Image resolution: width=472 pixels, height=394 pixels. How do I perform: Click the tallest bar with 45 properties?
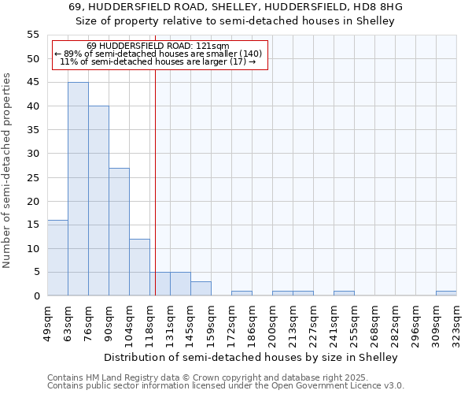[x=78, y=189]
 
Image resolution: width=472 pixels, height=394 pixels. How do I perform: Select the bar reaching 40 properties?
[x=98, y=201]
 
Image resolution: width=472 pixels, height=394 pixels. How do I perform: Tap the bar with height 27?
[x=119, y=232]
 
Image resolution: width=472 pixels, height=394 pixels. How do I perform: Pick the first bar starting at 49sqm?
[x=57, y=258]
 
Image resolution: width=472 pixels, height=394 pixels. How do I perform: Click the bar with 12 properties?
[x=139, y=267]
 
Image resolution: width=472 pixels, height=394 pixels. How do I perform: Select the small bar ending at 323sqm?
[x=446, y=293]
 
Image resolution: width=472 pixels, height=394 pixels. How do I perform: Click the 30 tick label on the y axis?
[x=32, y=154]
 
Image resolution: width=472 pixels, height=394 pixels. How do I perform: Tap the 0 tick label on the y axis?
[x=35, y=296]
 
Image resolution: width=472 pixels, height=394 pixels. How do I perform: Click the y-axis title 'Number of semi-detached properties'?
[x=7, y=170]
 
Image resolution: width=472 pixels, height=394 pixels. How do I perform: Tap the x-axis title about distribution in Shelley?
[x=251, y=357]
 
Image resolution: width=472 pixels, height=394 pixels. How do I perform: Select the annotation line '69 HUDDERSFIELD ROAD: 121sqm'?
[x=157, y=46]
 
